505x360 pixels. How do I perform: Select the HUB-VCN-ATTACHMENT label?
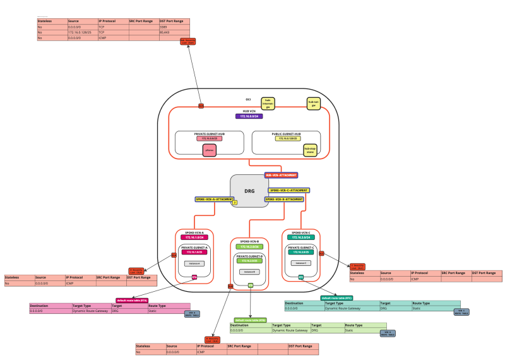click(x=281, y=174)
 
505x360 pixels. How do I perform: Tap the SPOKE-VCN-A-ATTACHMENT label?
click(x=214, y=199)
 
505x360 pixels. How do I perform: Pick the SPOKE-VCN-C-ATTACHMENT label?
click(x=288, y=189)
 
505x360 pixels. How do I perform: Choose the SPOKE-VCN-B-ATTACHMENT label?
click(x=283, y=199)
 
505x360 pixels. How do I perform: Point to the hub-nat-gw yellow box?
click(x=312, y=103)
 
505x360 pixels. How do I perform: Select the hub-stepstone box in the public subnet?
click(x=310, y=150)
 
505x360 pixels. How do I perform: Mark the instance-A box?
click(x=194, y=263)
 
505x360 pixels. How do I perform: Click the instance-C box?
click(x=300, y=263)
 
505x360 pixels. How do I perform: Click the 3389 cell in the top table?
click(x=163, y=27)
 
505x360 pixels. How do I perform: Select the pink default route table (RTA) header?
click(x=133, y=300)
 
